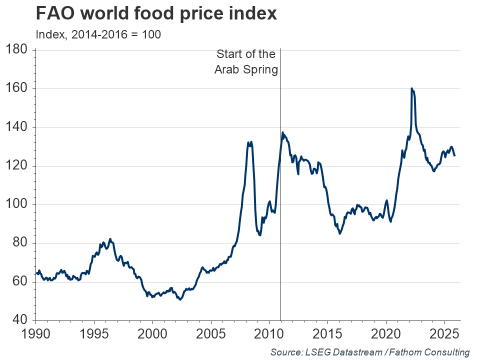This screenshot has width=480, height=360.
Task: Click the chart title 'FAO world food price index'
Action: click(156, 14)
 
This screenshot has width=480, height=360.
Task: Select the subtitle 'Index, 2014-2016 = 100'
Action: click(98, 34)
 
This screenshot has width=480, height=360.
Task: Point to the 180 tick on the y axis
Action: click(18, 50)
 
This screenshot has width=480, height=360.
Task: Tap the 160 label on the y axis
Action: click(18, 89)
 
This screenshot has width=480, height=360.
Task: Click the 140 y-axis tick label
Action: click(18, 127)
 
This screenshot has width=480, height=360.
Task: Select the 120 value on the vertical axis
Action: click(18, 166)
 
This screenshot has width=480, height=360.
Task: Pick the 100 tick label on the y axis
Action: click(18, 205)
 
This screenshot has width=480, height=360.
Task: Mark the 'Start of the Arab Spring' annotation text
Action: click(246, 61)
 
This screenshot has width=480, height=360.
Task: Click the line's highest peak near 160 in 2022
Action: click(411, 88)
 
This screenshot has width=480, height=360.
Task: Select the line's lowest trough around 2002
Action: click(180, 299)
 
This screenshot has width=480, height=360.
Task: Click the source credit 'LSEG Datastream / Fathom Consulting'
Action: click(370, 352)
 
